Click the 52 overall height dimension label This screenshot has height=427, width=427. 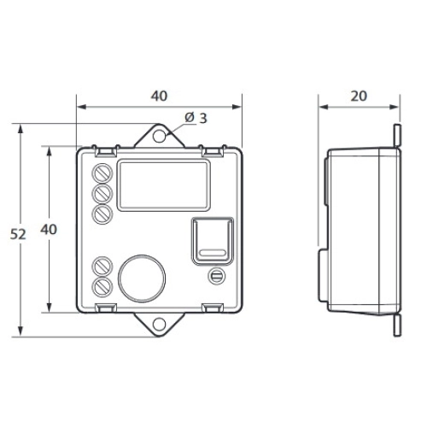coord(18,234)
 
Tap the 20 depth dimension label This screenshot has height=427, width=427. coord(359,96)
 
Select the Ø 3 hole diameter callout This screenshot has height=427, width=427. coord(196,118)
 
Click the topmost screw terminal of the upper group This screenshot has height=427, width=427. coord(102,173)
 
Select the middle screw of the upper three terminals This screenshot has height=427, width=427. coord(102,194)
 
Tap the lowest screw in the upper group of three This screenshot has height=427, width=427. coord(102,214)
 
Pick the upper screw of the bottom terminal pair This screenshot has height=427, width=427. coord(102,266)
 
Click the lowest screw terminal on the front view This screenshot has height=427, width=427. coord(102,287)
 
